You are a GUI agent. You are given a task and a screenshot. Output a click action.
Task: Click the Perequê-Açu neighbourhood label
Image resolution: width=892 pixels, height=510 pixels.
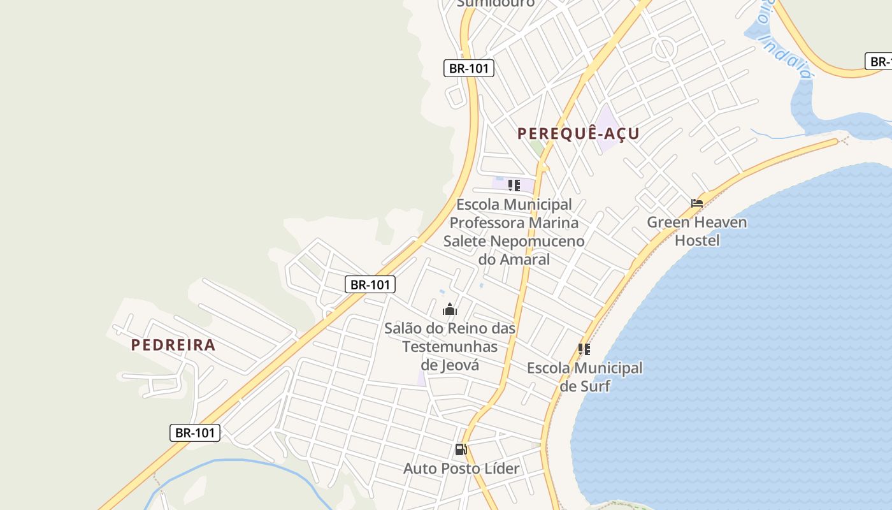tap(578, 134)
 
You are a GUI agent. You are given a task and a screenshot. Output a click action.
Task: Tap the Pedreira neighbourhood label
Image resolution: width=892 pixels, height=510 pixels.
tap(173, 346)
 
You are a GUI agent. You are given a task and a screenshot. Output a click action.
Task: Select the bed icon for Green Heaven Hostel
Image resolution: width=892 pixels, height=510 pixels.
tap(697, 204)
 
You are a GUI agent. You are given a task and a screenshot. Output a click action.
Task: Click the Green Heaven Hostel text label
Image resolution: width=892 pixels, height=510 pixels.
tap(697, 231)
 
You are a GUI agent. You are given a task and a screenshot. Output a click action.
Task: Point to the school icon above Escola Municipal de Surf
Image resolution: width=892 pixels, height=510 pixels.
tap(584, 349)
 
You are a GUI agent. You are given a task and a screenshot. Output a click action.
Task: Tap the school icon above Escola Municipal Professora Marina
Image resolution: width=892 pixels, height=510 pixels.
tap(514, 186)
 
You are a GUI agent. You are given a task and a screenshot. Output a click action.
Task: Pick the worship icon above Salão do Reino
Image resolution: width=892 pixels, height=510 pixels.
tap(450, 310)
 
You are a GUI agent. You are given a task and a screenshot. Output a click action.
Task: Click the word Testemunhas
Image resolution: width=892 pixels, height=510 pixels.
tap(450, 347)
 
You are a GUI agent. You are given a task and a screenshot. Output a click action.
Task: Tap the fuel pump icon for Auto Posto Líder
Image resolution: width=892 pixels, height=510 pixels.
tap(461, 449)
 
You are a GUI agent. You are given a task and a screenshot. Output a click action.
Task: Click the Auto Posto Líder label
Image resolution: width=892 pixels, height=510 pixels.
tap(461, 469)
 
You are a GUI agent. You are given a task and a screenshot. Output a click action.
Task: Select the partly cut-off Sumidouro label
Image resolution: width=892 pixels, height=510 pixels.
tap(496, 4)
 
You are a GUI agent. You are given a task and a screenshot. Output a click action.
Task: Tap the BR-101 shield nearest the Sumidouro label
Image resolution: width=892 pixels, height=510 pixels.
tap(469, 68)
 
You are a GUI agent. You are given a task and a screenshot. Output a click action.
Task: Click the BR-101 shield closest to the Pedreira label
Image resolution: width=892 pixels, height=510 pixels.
tap(195, 433)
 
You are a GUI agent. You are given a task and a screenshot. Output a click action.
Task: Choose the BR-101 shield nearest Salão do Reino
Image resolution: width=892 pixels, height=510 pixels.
tap(370, 284)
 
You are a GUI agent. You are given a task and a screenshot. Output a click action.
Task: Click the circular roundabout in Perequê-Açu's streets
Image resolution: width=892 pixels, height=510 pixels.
tap(665, 48)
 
